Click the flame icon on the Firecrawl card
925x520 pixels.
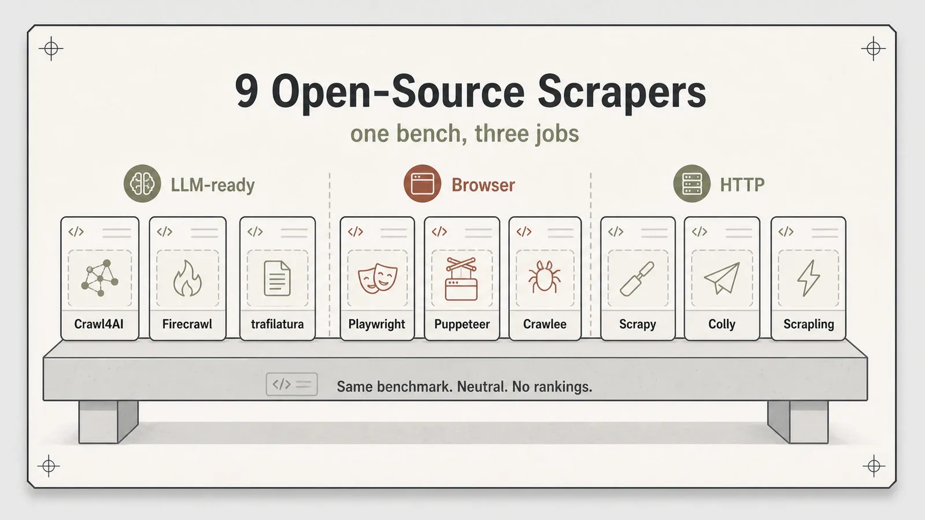[x=187, y=278]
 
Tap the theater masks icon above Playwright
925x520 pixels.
[x=378, y=278]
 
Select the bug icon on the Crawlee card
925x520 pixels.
[x=544, y=276]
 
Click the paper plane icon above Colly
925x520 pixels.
[x=721, y=278]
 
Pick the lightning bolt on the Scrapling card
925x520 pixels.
[x=809, y=278]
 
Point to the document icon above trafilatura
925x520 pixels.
[x=277, y=278]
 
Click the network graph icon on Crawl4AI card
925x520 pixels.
[x=99, y=278]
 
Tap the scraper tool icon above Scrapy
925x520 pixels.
[x=637, y=279]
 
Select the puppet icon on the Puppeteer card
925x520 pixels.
[x=461, y=279]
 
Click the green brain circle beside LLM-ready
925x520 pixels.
[x=142, y=184]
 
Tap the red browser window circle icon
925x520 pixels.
[x=423, y=184]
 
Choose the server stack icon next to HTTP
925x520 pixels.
[x=692, y=184]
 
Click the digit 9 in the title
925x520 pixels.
[x=246, y=92]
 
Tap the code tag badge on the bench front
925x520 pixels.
[x=292, y=384]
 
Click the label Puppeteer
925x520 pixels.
[x=462, y=324]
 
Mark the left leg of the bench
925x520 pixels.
[x=108, y=422]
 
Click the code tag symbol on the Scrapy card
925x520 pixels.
[x=616, y=232]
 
